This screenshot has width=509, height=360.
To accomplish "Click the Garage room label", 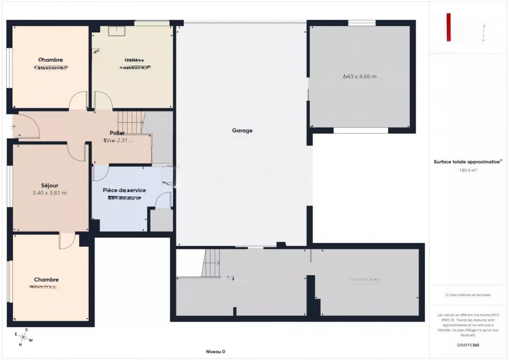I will pyautogui.click(x=242, y=130).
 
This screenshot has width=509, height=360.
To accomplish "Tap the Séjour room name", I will pyautogui.click(x=50, y=185).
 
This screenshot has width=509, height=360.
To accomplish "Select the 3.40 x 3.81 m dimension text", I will pyautogui.click(x=50, y=193).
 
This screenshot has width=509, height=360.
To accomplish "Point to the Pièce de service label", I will pyautogui.click(x=124, y=190).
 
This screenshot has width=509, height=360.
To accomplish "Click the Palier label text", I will pyautogui.click(x=117, y=132).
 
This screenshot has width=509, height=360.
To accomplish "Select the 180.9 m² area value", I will pyautogui.click(x=468, y=169).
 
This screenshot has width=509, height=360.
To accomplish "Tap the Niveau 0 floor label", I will pyautogui.click(x=215, y=352).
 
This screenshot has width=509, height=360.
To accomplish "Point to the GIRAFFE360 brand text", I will pyautogui.click(x=468, y=345).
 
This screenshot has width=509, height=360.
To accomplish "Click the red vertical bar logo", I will pyautogui.click(x=448, y=27).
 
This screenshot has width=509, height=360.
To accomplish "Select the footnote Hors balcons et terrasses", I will pyautogui.click(x=468, y=295).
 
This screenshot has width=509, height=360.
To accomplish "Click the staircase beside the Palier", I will pyautogui.click(x=131, y=121).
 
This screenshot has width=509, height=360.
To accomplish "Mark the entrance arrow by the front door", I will pyautogui.click(x=12, y=126).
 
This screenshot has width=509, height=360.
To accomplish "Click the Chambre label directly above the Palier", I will pyautogui.click(x=50, y=59).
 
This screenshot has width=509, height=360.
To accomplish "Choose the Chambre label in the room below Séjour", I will pyautogui.click(x=46, y=280).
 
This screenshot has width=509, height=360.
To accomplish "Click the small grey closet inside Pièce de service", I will pyautogui.click(x=161, y=220).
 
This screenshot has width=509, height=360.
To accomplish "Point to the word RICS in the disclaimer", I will pyautogui.click(x=480, y=315).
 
